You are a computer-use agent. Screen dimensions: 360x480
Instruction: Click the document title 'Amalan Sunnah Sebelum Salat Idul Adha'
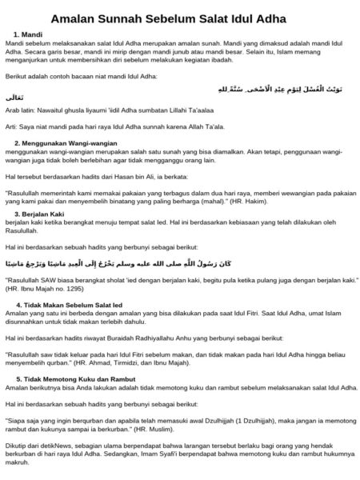tap(180, 18)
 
